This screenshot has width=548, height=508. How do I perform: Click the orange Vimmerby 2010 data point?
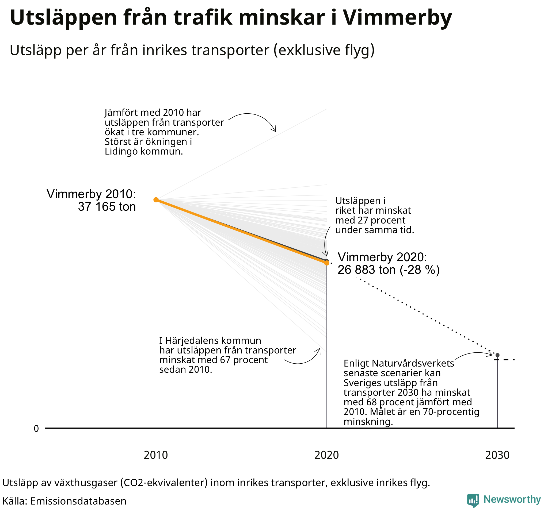tap(156, 199)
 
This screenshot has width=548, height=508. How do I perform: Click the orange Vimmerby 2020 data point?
tap(326, 263)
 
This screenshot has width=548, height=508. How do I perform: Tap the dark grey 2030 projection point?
tap(497, 355)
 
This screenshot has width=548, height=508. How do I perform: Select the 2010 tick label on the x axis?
tap(156, 455)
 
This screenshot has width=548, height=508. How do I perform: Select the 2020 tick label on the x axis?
tap(326, 455)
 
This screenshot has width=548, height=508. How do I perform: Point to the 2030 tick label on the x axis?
tap(497, 455)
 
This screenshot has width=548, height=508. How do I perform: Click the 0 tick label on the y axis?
tap(36, 429)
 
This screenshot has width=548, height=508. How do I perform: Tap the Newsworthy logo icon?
tap(473, 500)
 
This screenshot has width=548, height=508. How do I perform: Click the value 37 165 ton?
tap(107, 207)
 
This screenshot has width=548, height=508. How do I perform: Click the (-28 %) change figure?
tap(420, 270)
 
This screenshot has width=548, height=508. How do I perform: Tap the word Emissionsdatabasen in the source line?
tap(78, 501)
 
